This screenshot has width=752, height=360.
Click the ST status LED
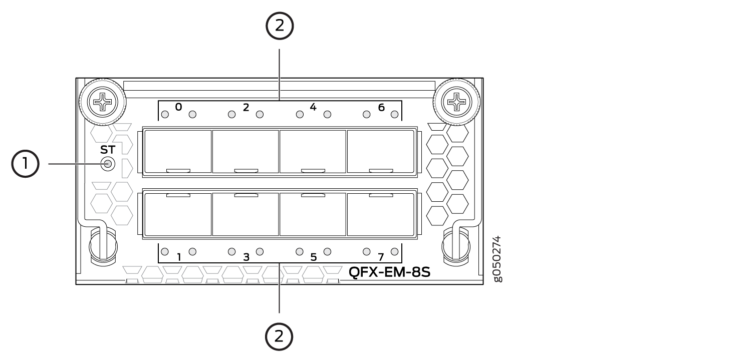pos(108,164)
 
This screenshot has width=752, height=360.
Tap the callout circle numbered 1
pos(26,164)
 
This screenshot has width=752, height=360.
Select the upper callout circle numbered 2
pos(280,26)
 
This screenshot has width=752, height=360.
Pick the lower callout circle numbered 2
pos(279,336)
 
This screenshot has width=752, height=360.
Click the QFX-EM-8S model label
pos(389,272)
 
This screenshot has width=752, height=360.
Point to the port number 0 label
pos(178,107)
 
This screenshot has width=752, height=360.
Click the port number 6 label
pos(381,107)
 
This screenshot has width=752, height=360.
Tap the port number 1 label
pos(179,257)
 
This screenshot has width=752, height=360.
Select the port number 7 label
pos(381,257)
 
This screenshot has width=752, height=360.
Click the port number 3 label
pos(246,257)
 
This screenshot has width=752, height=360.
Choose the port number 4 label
pos(313,107)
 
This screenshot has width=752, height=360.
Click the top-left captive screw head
pos(102,102)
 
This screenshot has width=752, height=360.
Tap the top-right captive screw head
pos(456,102)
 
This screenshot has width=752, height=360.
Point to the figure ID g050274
pos(498,259)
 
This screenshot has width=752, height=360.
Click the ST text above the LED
pos(108,150)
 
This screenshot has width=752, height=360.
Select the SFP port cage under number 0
pos(178,152)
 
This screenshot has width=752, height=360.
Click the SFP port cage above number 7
pos(381,214)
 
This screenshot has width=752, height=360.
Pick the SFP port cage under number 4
pos(313,152)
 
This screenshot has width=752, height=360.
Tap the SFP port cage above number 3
pos(246,214)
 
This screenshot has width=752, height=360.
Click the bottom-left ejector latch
pos(103,247)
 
